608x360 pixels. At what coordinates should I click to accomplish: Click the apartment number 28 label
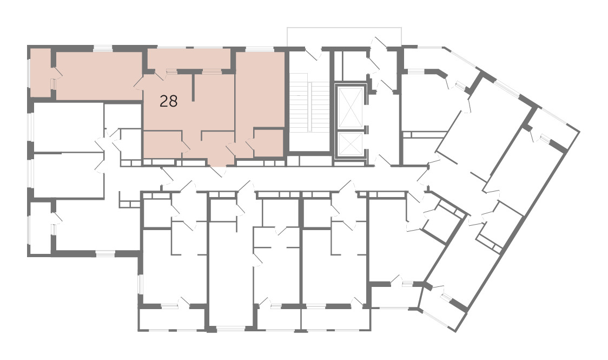(x=169, y=102)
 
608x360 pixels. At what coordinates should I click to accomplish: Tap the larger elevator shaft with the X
(x=351, y=107)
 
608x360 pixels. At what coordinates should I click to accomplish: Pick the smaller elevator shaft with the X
(x=351, y=145)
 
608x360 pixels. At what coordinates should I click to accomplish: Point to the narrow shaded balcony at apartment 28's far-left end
(x=41, y=73)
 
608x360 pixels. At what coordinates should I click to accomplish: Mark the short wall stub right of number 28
(x=193, y=87)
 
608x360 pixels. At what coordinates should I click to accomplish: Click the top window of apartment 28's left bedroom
(x=102, y=48)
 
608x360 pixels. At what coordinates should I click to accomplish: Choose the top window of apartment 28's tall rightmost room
(x=260, y=49)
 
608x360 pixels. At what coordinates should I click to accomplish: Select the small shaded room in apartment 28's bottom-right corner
(x=268, y=143)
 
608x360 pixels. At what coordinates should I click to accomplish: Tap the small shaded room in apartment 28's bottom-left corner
(x=162, y=145)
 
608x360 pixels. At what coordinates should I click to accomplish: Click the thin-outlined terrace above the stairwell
(x=345, y=37)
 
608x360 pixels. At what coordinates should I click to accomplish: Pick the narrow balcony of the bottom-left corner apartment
(x=41, y=228)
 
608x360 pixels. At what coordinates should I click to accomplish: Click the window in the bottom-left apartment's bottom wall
(x=105, y=254)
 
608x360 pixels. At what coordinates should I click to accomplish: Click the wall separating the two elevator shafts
(x=351, y=129)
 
